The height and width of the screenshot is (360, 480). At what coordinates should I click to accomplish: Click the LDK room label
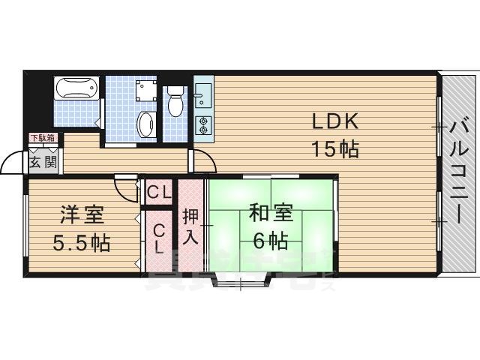337,121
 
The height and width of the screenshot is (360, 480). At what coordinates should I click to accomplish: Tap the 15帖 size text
335,149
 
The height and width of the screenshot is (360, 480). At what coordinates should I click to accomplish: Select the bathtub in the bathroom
76,90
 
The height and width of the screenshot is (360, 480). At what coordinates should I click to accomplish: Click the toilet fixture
175,100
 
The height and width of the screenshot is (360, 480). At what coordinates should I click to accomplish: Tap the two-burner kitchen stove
202,125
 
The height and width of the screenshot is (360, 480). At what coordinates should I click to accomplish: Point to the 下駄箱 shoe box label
43,138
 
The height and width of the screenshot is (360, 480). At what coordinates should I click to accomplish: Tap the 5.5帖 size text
82,242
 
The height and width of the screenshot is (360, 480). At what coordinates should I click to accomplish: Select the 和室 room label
269,214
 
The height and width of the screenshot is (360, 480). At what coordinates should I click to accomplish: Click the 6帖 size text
269,241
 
